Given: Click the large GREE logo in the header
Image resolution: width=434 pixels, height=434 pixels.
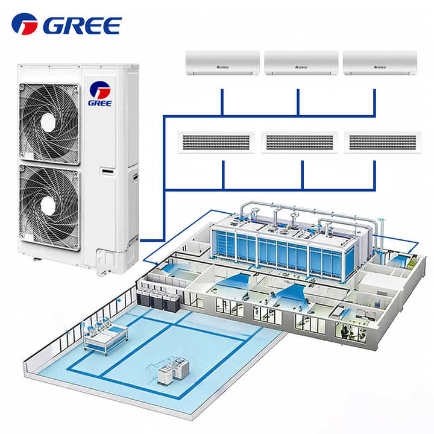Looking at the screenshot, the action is [x=66, y=25].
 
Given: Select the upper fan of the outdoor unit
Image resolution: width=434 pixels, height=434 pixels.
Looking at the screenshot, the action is [x=48, y=116].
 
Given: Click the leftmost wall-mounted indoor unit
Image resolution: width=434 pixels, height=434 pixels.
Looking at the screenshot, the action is [x=222, y=63].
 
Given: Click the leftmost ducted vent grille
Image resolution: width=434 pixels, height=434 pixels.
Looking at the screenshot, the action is [x=215, y=142].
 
